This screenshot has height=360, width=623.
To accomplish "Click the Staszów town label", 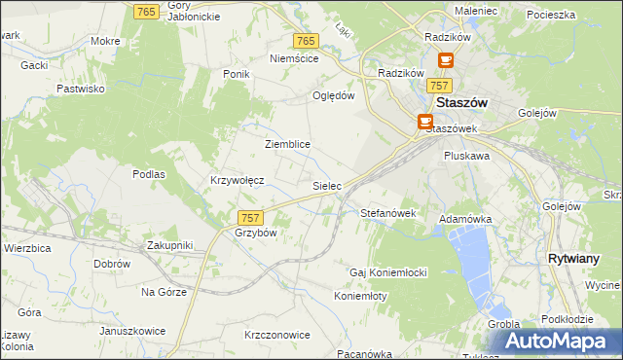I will click(462, 102).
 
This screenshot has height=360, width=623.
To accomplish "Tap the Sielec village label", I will click(326, 184).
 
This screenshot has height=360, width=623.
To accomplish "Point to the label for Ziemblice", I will click(287, 144).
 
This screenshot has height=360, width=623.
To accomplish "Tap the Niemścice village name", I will click(294, 58).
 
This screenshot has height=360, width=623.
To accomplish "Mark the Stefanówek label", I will click(388, 212).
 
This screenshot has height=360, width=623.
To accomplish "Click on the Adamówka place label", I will click(465, 220).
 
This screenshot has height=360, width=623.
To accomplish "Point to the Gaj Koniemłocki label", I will click(389, 271).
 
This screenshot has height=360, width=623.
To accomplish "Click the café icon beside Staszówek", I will click(425, 122).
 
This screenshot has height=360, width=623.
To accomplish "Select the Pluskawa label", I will click(466, 155).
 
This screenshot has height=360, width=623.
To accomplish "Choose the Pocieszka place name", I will click(551, 16).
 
